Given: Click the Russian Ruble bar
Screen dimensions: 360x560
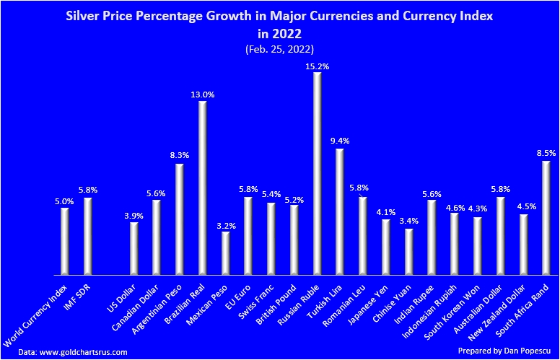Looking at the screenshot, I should click(318, 173).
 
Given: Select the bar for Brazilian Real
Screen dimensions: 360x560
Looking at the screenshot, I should click(203, 188).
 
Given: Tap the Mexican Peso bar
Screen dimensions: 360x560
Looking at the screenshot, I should click(226, 253).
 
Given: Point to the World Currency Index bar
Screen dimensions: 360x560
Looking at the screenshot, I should click(65, 241).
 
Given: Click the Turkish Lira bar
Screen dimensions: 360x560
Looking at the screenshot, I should click(340, 211).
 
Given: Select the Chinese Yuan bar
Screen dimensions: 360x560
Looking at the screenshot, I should click(409, 251).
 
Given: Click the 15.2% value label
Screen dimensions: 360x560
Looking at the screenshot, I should click(317, 66).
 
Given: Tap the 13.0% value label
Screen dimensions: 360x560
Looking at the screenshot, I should click(203, 95).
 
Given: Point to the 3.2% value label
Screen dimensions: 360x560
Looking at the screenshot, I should click(226, 225).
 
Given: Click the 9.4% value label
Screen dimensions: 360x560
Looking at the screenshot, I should click(340, 142).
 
